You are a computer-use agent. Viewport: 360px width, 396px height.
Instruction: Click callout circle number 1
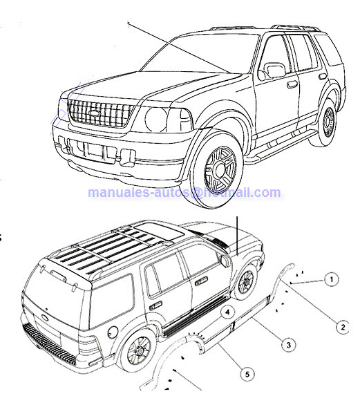tap(331, 279)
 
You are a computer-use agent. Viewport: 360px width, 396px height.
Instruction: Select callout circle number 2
tap(343, 328)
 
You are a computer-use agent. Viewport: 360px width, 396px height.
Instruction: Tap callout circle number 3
tap(289, 345)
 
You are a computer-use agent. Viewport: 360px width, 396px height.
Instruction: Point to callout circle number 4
tap(227, 312)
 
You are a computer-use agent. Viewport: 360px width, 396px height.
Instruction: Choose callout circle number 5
tap(247, 374)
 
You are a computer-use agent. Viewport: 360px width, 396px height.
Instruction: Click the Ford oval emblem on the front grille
tap(95, 113)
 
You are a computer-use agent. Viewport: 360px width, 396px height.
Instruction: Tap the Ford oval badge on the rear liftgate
tap(45, 318)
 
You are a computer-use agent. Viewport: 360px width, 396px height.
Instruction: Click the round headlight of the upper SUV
tap(155, 120)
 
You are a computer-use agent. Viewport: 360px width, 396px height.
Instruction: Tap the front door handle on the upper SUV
tap(292, 84)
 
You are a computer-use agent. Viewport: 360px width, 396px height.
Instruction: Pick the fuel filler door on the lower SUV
tap(113, 332)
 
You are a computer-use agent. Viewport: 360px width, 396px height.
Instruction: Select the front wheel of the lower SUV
tap(245, 282)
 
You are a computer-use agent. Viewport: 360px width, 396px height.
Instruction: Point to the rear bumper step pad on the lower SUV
tap(50, 343)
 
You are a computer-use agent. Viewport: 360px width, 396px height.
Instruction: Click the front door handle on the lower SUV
tap(201, 281)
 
